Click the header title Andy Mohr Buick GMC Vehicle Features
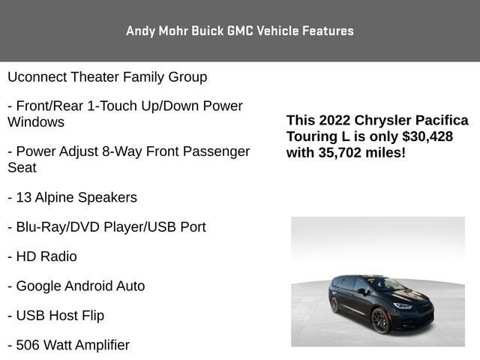240,31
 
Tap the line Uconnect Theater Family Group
107,77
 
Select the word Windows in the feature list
36,122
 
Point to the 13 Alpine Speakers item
73,198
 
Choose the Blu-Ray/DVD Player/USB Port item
106,227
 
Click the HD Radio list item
42,256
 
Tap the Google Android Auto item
76,286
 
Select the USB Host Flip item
56,316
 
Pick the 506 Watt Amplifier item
69,345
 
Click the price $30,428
427,136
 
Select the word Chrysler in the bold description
384,121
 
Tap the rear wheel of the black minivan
334,304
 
